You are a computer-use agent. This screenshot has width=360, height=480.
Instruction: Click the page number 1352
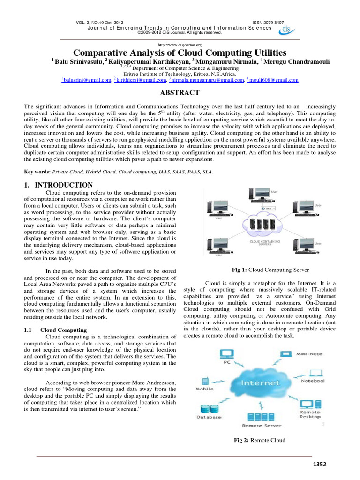click(316, 465)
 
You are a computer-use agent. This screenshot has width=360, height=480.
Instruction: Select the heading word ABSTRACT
click(180, 92)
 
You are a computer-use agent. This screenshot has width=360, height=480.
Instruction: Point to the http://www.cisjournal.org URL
click(180, 45)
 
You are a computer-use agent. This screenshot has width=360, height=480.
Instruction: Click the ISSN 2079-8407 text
click(269, 22)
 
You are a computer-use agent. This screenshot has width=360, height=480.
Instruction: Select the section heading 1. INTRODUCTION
click(58, 185)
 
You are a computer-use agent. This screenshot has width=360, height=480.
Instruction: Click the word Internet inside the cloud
click(260, 382)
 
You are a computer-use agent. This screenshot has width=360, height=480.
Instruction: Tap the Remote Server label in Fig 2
click(262, 426)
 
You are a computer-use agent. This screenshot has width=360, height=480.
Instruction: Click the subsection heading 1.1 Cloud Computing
click(55, 330)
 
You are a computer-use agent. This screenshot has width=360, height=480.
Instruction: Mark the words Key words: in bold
click(37, 172)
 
